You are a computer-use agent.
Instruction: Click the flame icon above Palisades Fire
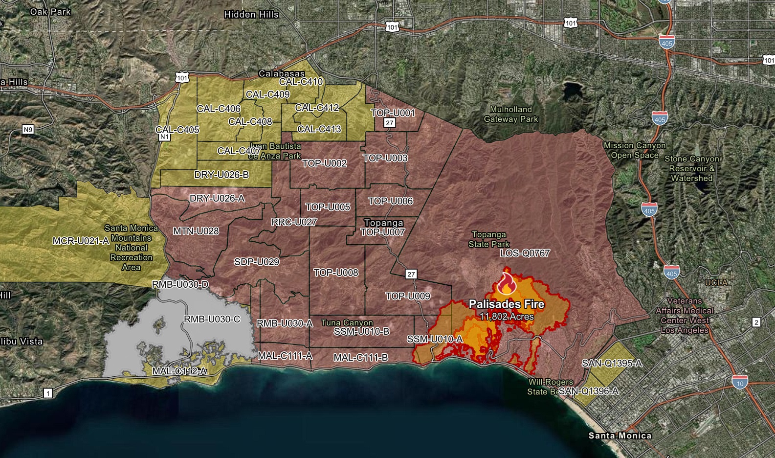pos(506,283)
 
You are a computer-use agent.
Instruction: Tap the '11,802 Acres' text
pos(507,317)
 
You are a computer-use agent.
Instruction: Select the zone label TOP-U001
pos(393,113)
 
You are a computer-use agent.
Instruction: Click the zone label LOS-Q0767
pos(525,253)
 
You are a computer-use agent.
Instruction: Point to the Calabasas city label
pos(282,73)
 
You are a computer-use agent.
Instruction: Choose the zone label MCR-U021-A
pos(81,241)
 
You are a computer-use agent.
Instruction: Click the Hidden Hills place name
pos(251,15)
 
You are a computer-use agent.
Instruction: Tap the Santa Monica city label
pos(620,435)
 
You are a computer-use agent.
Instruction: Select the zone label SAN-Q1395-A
pos(612,363)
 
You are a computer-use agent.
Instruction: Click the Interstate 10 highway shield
pos(739,383)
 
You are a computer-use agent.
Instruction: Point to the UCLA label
pos(716,282)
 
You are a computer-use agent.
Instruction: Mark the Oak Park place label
pos(50,11)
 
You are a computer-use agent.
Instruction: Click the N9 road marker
pos(28,130)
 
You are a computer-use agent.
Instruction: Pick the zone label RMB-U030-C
pos(212,319)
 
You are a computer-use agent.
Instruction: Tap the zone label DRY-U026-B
pos(221,175)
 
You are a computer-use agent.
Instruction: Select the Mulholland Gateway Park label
pos(510,114)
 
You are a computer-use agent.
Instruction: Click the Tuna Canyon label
pos(347,322)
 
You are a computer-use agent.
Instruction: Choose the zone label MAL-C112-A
pos(179,371)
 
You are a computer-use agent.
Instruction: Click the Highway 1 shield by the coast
pos(48,393)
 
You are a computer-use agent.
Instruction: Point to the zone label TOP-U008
pos(335,272)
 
